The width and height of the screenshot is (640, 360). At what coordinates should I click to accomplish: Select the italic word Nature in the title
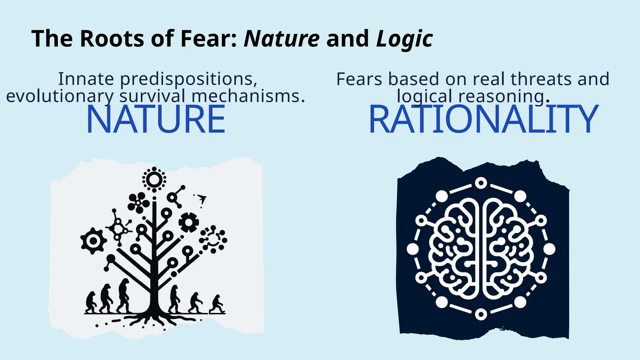click(282, 39)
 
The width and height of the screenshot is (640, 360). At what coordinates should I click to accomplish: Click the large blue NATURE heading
click(156, 119)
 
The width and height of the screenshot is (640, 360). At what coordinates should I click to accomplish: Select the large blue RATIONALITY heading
click(483, 119)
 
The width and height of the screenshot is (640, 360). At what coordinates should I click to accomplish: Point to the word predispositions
click(189, 79)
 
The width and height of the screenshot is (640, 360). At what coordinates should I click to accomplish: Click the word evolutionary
click(60, 96)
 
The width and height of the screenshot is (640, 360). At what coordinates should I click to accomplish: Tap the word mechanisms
click(248, 96)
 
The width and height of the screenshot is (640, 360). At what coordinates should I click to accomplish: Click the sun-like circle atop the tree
click(154, 179)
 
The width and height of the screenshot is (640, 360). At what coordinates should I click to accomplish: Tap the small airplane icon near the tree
click(202, 198)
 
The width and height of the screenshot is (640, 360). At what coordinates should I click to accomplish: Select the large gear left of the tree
click(93, 241)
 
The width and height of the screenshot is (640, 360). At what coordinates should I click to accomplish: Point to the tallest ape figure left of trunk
click(124, 295)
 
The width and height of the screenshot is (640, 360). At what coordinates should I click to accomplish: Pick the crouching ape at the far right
click(217, 304)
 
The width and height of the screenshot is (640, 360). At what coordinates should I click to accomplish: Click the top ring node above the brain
click(481, 183)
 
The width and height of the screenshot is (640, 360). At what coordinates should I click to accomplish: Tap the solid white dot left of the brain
click(412, 249)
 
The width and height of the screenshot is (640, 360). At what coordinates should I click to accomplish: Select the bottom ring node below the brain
click(481, 314)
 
